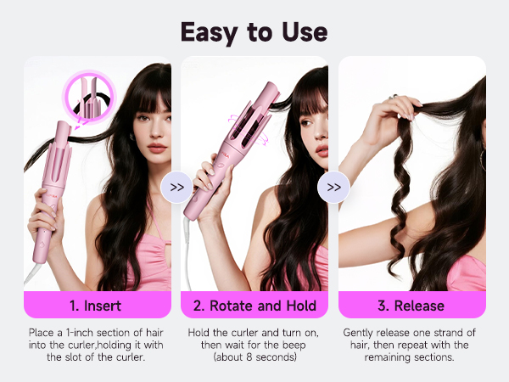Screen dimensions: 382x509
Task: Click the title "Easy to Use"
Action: coord(254,31)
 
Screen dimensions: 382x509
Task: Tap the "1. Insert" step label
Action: coord(97,305)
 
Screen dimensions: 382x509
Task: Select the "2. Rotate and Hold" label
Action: coord(255,305)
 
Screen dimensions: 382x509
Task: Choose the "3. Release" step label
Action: coord(411,305)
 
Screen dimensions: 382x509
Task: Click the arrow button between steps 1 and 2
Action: coord(176,187)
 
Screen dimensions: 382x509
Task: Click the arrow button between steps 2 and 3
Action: coord(333,187)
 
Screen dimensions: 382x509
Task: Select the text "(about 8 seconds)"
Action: coord(255,357)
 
